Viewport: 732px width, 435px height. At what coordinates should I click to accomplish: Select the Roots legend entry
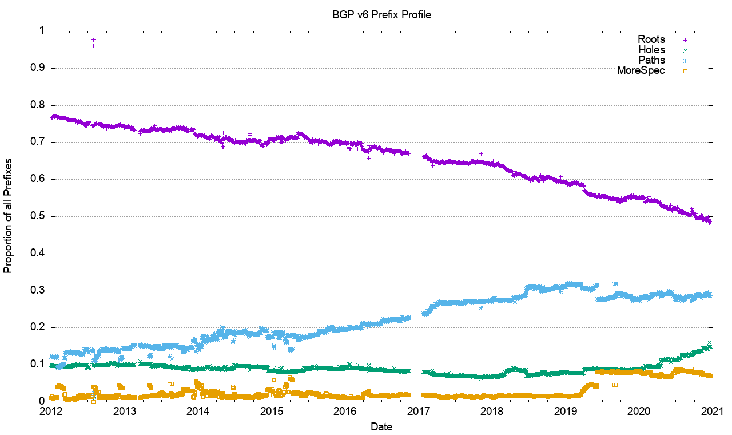click(651, 39)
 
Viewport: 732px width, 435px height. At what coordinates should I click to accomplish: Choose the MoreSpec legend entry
click(641, 70)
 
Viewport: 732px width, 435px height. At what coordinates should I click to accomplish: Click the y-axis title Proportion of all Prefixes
click(9, 216)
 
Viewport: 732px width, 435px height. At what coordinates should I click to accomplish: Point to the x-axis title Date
click(381, 426)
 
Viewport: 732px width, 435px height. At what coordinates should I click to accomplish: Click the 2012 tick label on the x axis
click(51, 412)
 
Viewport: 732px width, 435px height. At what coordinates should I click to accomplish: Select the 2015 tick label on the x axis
click(272, 412)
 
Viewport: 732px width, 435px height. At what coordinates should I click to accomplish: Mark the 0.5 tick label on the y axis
click(39, 216)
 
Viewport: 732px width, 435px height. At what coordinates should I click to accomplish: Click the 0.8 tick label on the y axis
click(39, 105)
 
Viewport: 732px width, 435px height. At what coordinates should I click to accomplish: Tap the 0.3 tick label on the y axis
click(39, 291)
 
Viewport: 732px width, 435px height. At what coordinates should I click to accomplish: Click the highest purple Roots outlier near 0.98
click(93, 39)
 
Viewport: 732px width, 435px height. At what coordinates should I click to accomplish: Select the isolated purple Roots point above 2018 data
click(482, 153)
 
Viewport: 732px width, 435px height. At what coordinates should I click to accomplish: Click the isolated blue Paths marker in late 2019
click(615, 284)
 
